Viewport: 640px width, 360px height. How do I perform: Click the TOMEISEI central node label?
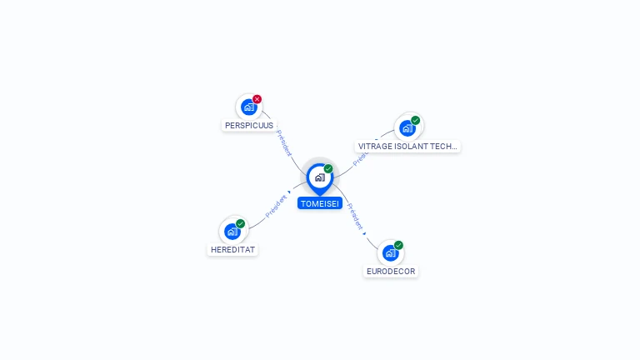320,203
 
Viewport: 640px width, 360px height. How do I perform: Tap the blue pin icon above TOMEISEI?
319,177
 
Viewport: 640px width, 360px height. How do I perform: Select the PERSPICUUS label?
249,126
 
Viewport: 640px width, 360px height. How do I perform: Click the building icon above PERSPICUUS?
248,107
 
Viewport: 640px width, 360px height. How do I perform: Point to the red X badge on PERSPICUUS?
257,99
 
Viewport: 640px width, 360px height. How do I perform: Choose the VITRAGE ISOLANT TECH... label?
407,147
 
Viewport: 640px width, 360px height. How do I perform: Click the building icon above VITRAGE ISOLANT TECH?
407,127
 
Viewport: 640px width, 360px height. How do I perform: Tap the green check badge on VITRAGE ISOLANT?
415,120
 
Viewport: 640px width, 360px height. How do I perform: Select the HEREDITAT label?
232,250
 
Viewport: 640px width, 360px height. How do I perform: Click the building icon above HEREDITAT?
232,231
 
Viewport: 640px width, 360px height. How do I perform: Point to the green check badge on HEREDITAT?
240,223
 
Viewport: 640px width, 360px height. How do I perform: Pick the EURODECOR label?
391,272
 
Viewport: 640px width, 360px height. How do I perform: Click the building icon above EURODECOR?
390,252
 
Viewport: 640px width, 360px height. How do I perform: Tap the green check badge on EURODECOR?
398,245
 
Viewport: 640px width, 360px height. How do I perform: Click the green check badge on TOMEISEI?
328,169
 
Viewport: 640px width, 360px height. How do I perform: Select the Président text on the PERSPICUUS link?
283,142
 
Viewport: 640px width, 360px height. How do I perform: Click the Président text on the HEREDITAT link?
276,207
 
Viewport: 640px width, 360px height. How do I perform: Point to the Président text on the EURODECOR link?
355,216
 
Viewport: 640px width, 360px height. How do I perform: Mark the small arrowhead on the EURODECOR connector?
365,233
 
